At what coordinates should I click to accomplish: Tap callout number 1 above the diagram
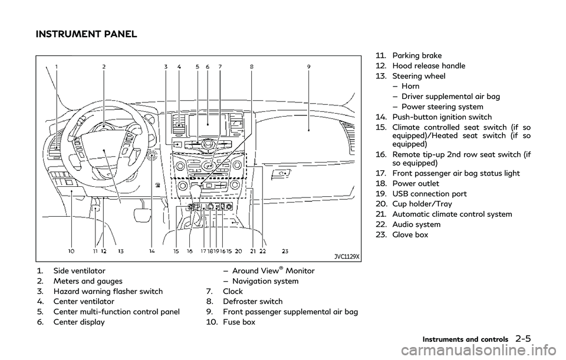pyautogui.click(x=56, y=67)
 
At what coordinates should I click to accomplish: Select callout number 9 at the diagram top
pyautogui.click(x=308, y=67)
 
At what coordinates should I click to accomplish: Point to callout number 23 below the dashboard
pyautogui.click(x=285, y=251)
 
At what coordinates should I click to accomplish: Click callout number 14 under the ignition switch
pyautogui.click(x=152, y=251)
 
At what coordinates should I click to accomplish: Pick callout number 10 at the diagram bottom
pyautogui.click(x=71, y=251)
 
